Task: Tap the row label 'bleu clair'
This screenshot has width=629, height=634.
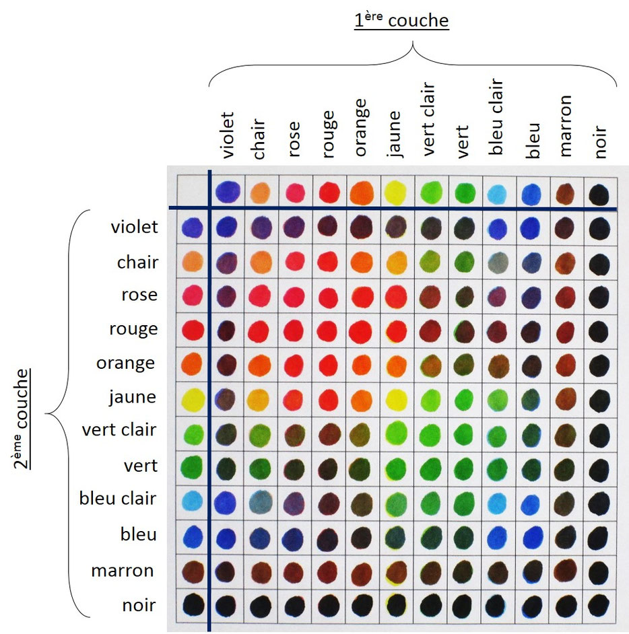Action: click(x=118, y=499)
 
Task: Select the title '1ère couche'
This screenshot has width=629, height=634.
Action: click(x=401, y=21)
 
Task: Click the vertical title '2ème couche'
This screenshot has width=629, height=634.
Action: click(x=24, y=417)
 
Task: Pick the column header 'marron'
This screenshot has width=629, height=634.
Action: click(x=566, y=126)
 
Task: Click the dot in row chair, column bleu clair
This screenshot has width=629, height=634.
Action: click(x=499, y=262)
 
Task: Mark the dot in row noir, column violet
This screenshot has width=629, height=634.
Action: click(x=227, y=605)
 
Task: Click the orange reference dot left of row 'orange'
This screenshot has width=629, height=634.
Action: click(x=193, y=363)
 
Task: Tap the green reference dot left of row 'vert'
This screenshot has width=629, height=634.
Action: click(x=193, y=466)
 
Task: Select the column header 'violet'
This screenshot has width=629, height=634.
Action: click(x=228, y=135)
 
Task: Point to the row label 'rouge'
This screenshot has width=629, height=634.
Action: click(x=133, y=329)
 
